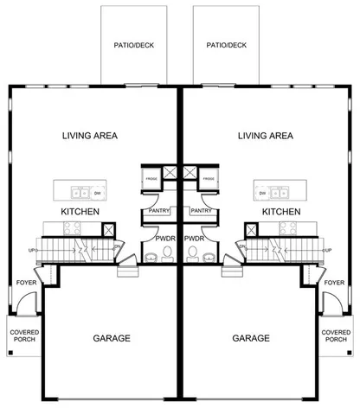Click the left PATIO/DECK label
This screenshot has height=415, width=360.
pos(134,45)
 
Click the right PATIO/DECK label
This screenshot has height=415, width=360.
pos(226,45)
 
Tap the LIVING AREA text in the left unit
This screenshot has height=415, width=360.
pos(90,136)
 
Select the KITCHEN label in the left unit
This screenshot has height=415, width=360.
pos(80,211)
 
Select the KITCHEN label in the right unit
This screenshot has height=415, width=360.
pos(281,211)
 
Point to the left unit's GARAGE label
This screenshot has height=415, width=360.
pos(112,338)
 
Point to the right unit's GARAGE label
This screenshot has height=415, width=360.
pos(252,338)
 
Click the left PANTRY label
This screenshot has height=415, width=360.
pos(157,210)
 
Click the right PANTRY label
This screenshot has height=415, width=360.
pos(202,210)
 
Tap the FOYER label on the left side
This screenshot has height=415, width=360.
pos(26,282)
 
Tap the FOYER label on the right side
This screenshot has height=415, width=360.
pos(334,282)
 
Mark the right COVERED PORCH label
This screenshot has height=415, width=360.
pos(336,335)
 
